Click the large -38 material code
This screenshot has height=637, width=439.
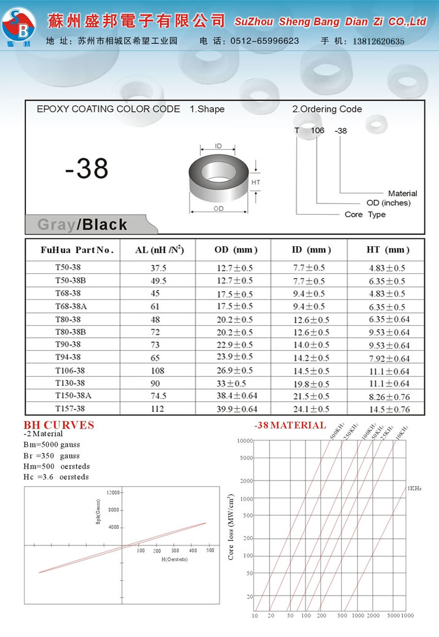87,168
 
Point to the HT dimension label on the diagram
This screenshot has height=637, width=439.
256,182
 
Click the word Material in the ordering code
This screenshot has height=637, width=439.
403,194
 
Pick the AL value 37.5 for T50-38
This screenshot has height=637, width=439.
158,268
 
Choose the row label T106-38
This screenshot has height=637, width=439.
70,370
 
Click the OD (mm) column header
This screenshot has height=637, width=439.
235,250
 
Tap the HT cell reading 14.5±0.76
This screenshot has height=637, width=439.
389,409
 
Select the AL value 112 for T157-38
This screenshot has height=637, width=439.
158,409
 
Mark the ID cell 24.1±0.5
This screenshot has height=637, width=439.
310,409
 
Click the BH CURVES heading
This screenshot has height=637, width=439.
59,425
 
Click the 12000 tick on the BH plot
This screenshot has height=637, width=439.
113,492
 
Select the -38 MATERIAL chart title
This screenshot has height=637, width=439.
290,425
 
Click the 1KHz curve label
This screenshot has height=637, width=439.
414,489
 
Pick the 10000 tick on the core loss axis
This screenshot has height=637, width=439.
245,440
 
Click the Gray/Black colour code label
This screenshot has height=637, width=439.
82,224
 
